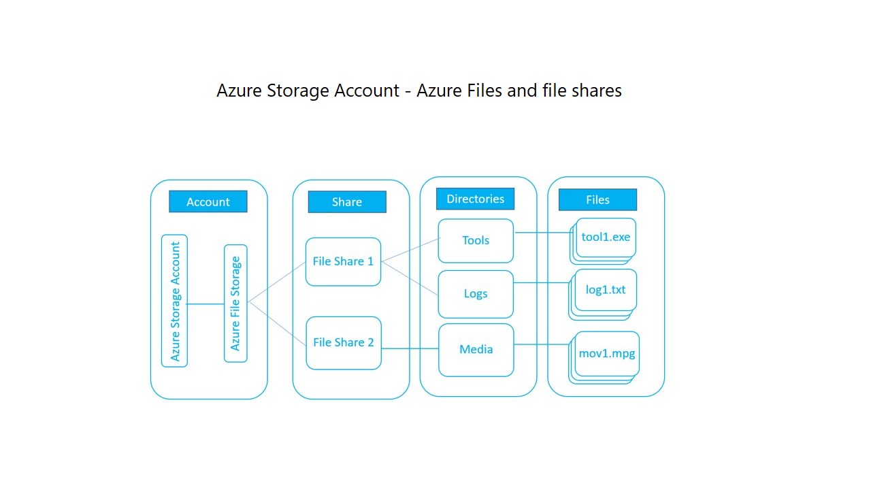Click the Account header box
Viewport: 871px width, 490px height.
click(208, 201)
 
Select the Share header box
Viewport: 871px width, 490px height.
click(346, 202)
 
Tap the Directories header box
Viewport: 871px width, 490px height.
click(475, 199)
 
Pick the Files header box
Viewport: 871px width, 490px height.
click(597, 199)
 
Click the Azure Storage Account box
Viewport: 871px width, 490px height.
click(174, 301)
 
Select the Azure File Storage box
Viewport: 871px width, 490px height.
click(235, 304)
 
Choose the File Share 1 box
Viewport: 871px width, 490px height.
click(343, 261)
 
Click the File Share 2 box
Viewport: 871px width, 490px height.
click(343, 342)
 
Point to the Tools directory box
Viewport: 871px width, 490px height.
click(475, 240)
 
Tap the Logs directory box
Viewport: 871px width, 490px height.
click(475, 294)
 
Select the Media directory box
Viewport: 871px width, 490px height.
click(476, 350)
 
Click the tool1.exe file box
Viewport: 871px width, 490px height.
click(606, 238)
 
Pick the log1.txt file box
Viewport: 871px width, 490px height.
click(606, 290)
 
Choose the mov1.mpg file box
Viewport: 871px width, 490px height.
click(606, 354)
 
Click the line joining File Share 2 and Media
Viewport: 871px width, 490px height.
click(410, 349)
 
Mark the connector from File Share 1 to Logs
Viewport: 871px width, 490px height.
click(410, 278)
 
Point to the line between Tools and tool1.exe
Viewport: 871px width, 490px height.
click(543, 233)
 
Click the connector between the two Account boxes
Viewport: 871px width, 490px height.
click(206, 304)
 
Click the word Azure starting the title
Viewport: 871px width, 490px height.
click(238, 91)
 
